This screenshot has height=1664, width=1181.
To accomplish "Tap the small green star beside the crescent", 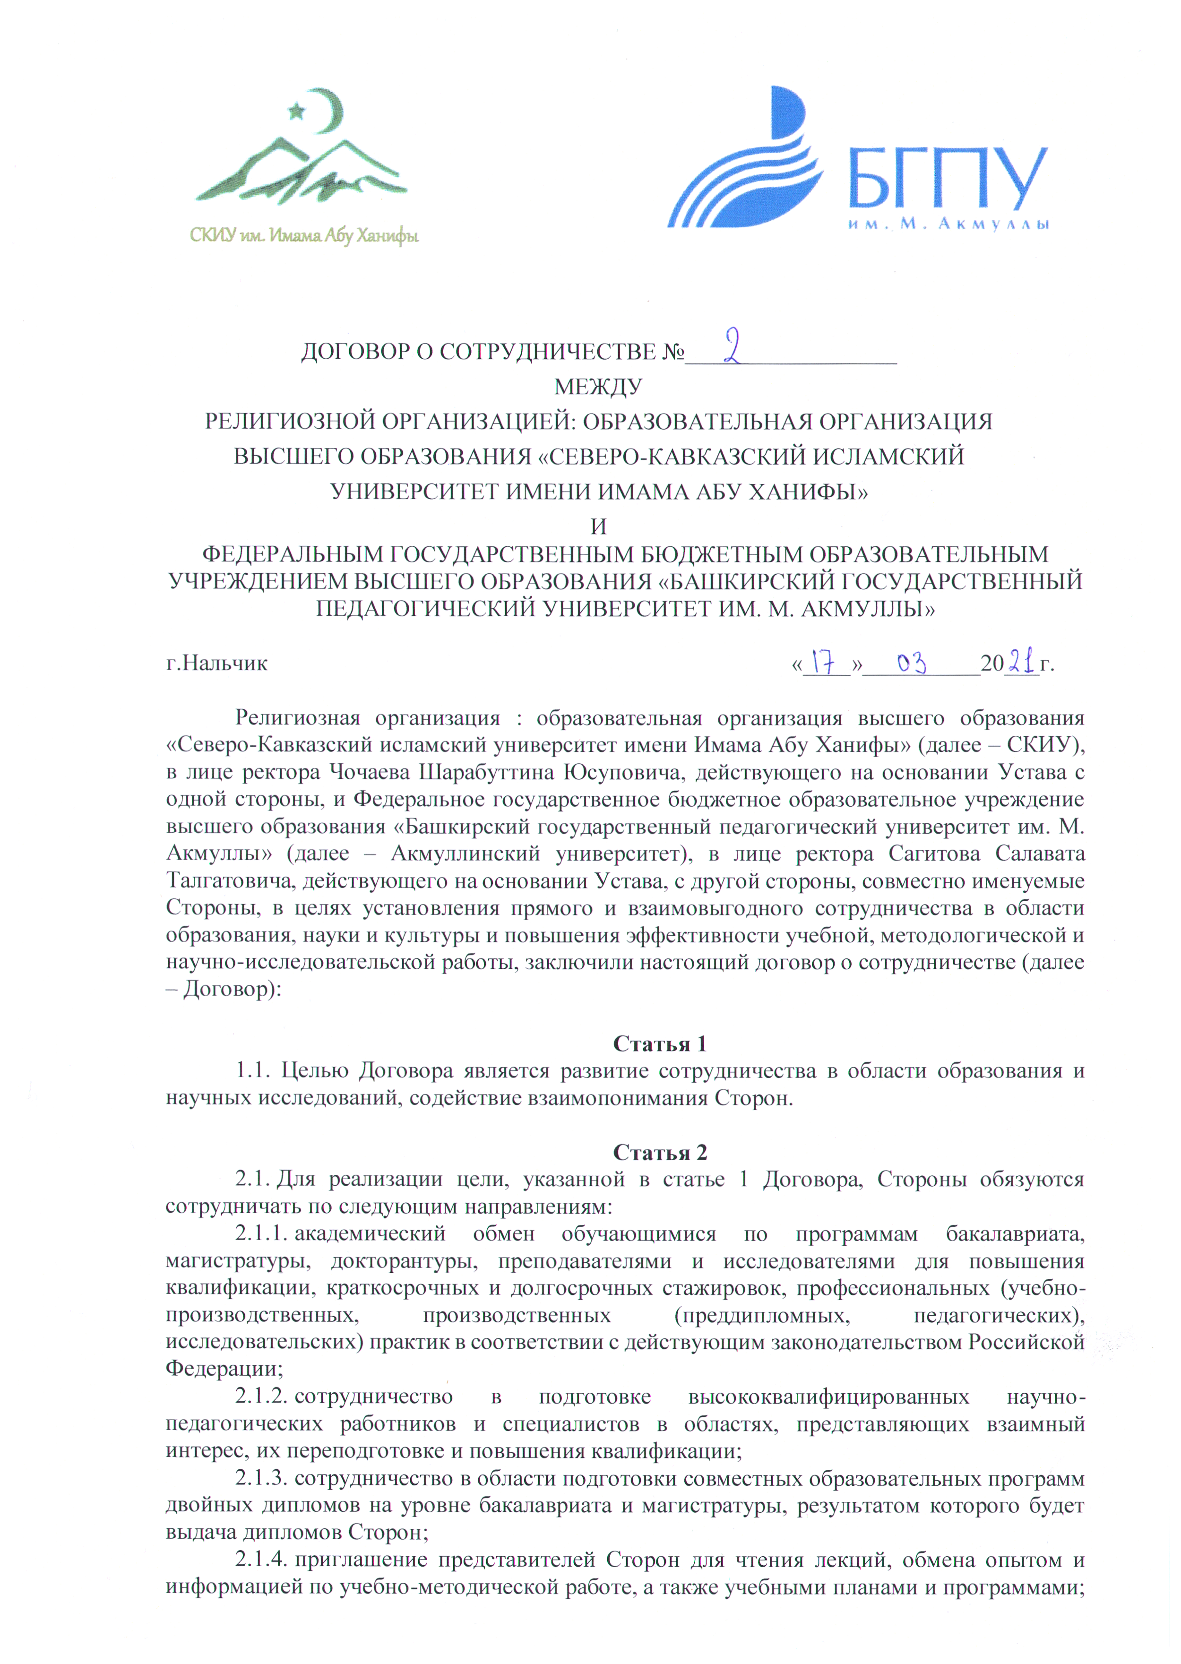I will pyautogui.click(x=297, y=111).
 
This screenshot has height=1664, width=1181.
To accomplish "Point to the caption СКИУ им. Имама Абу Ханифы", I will pyautogui.click(x=304, y=236).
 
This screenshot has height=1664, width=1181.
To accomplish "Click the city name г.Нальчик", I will pyautogui.click(x=217, y=663).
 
